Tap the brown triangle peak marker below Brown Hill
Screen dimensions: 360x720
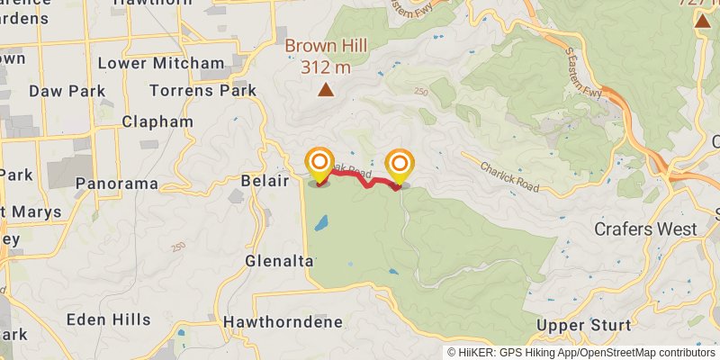(326, 89)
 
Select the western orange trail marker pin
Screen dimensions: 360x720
(319, 165)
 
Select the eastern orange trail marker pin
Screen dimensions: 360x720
(399, 165)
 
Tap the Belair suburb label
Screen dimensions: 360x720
(265, 181)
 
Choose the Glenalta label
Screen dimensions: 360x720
(279, 261)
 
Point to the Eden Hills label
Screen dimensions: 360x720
(108, 319)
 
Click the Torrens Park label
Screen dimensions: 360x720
(202, 91)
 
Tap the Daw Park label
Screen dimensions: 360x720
(67, 91)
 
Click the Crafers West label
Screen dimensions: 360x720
(645, 229)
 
